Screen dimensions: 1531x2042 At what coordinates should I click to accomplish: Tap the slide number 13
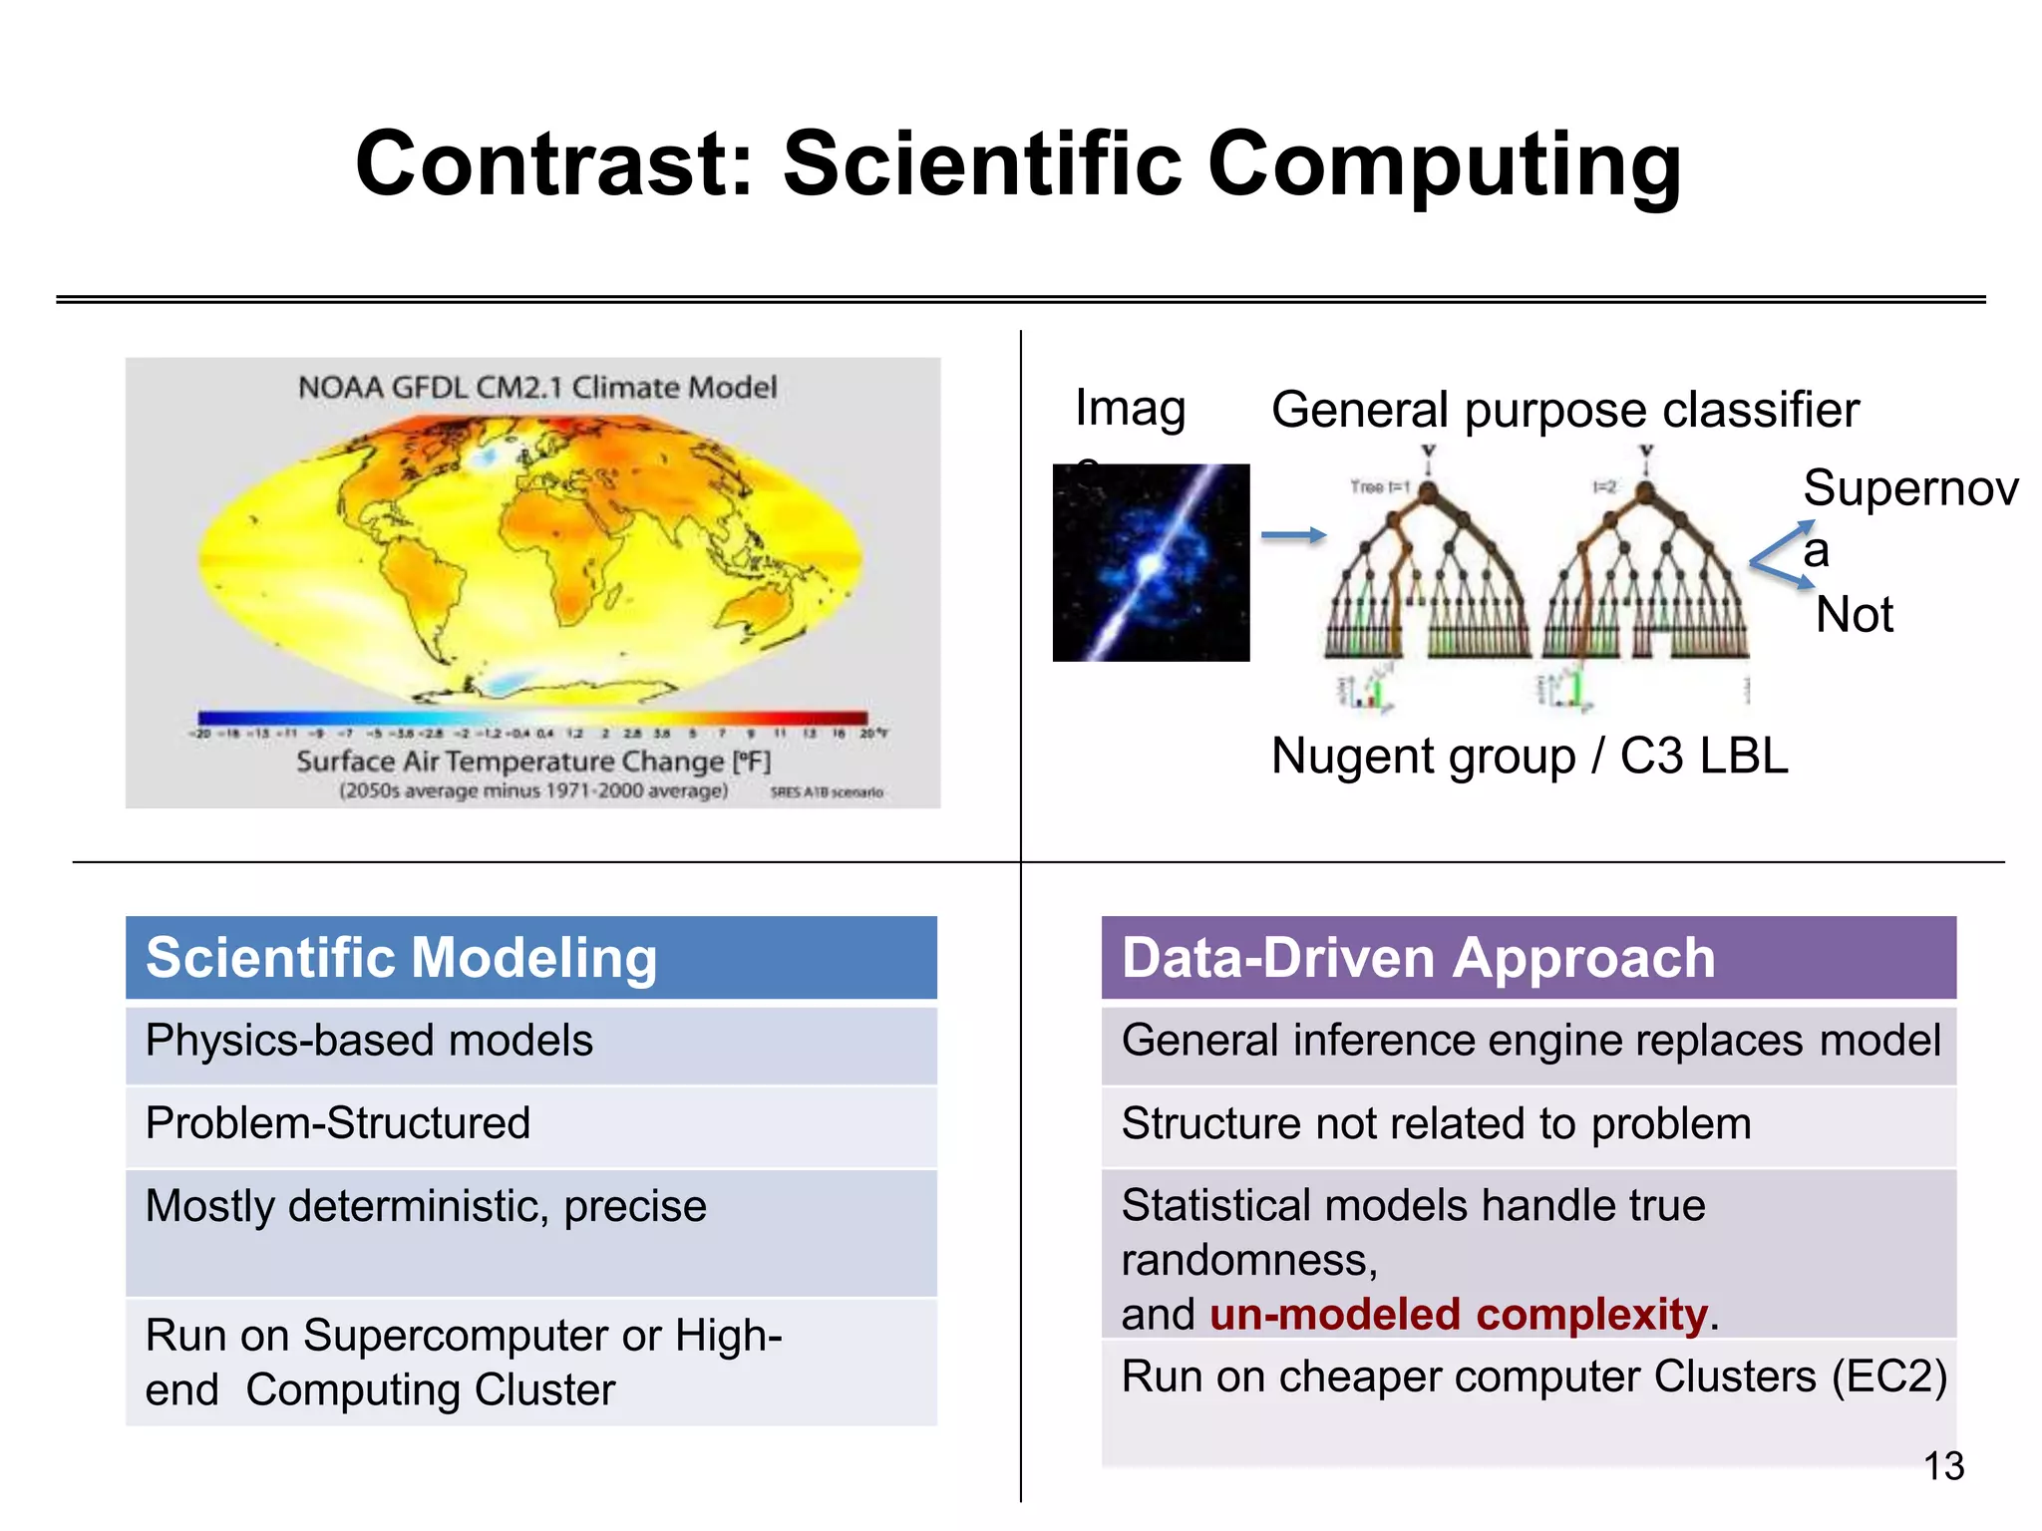pos(1942,1466)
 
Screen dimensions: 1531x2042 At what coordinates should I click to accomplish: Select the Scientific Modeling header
pos(401,958)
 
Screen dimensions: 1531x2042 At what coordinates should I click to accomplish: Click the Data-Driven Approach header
pos(1418,958)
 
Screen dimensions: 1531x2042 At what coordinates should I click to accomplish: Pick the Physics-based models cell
pos(369,1042)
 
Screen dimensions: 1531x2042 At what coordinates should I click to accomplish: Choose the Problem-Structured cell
pos(337,1124)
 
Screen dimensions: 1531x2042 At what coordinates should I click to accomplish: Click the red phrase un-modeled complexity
pos(1458,1315)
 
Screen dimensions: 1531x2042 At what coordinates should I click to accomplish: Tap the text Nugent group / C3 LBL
pos(1530,757)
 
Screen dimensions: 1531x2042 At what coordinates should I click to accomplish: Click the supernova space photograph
pos(1151,563)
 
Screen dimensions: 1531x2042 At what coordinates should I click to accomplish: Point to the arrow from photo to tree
pos(1293,536)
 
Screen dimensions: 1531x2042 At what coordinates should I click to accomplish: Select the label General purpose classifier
pos(1564,410)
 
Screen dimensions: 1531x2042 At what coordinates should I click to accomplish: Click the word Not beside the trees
pos(1854,615)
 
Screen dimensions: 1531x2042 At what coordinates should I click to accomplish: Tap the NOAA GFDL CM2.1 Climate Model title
pos(537,388)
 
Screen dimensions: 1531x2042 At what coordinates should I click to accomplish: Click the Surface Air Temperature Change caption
pos(533,763)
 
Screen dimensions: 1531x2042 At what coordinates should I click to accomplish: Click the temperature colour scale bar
pos(532,718)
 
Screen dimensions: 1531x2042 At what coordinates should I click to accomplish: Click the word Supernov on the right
pos(1910,489)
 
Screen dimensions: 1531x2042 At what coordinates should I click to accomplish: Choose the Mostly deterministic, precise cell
pos(426,1207)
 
